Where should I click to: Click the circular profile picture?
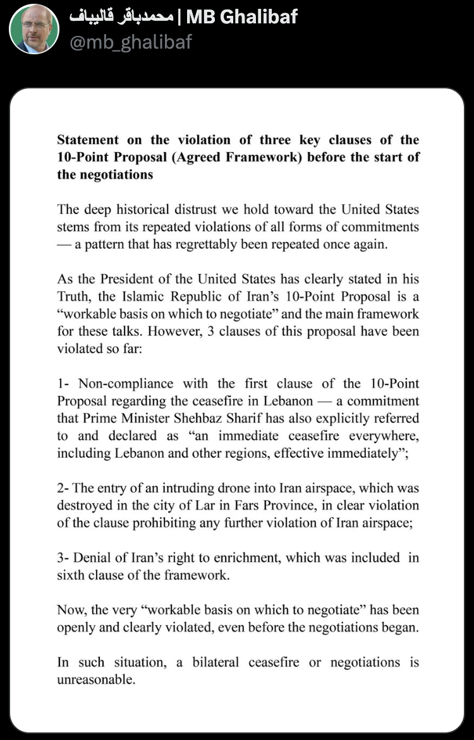34,29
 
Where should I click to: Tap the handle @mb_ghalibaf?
130,42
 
